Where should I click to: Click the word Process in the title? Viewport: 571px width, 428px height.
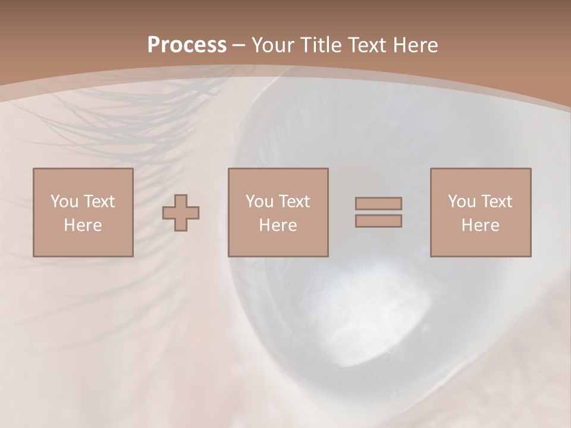(187, 45)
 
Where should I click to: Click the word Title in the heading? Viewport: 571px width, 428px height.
(321, 45)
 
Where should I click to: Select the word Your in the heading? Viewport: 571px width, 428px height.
(272, 45)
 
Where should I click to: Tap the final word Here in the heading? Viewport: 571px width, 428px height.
(417, 45)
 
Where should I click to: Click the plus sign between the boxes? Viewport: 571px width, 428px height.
(181, 213)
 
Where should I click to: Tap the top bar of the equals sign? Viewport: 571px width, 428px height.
(378, 203)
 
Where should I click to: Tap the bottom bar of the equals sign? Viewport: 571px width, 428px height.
(378, 221)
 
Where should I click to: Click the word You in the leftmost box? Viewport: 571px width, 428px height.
(64, 202)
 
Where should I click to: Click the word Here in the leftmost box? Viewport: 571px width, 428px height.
(83, 225)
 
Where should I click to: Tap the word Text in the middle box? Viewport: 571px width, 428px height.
(294, 202)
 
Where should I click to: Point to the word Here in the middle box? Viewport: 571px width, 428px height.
(278, 225)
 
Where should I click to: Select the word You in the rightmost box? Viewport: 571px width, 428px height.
(461, 202)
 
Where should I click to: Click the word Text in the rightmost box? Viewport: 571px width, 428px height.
(497, 202)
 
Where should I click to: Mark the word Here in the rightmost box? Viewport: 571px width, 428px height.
(480, 225)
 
